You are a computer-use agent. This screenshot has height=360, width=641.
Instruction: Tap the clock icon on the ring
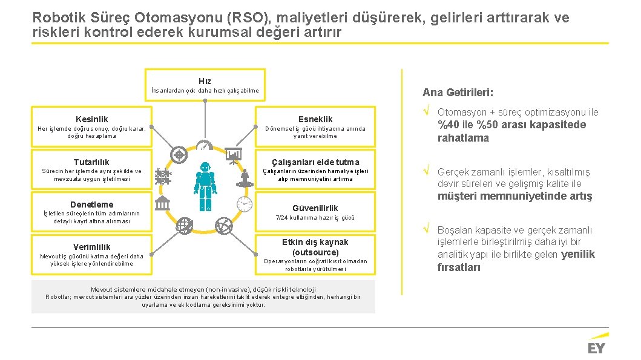tap(245, 204)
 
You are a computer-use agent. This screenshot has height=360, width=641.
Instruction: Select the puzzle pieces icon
tap(163, 177)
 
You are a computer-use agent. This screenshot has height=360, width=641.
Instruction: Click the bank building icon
tap(163, 204)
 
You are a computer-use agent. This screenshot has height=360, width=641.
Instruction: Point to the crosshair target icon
tap(179, 155)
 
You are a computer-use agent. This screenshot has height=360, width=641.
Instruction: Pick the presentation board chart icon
tap(234, 156)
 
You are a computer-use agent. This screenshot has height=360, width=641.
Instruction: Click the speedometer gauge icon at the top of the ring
tap(204, 146)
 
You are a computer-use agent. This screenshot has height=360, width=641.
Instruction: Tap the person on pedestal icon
tap(245, 178)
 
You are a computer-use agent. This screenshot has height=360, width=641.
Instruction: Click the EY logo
tap(596, 347)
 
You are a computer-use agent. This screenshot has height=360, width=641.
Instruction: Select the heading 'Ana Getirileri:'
tap(458, 93)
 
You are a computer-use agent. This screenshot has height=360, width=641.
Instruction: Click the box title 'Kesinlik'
tap(92, 119)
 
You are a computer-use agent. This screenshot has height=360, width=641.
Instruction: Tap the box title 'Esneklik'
tap(315, 119)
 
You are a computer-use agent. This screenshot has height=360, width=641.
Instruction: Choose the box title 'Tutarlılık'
tap(91, 162)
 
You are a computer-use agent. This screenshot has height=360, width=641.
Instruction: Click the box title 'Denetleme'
tap(92, 204)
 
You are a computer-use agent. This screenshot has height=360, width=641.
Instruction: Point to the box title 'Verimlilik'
tap(92, 246)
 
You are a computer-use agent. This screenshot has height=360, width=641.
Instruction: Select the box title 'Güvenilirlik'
tap(315, 208)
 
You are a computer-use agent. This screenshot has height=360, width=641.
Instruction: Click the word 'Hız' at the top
tap(205, 80)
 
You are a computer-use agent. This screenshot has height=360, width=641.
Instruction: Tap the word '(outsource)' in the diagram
tap(315, 252)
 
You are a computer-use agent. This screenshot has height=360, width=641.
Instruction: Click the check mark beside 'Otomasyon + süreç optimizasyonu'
tap(426, 112)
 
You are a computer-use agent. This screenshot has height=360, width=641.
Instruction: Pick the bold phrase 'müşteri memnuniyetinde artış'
tap(514, 196)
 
